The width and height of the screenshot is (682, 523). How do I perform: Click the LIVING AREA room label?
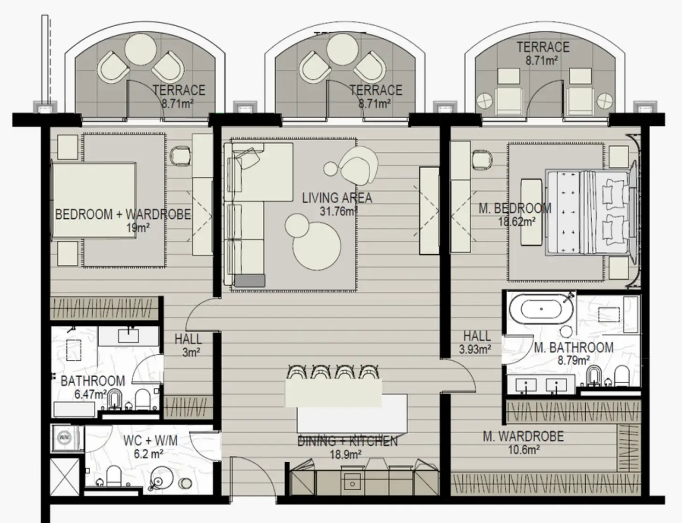(337, 198)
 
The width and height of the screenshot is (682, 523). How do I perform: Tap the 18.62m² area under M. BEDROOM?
(516, 222)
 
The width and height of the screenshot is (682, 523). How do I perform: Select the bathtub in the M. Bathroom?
(541, 309)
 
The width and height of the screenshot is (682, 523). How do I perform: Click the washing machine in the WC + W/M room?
(64, 438)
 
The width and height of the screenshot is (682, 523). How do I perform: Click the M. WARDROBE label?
(523, 437)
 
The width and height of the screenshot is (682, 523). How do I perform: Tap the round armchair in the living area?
(359, 164)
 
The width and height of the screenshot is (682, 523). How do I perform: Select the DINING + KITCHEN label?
(347, 441)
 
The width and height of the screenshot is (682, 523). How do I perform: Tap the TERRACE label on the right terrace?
(543, 47)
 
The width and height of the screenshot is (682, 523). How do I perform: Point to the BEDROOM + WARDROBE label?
(123, 215)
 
